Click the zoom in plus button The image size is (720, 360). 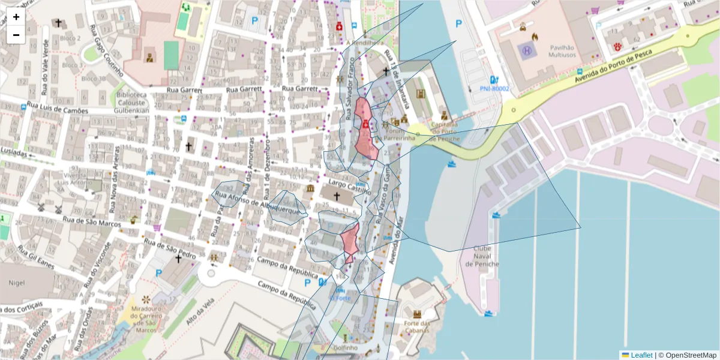[16, 17]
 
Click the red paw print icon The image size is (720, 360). [617, 46]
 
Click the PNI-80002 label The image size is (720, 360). [494, 89]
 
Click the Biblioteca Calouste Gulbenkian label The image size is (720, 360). [131, 103]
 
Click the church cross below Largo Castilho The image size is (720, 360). [337, 196]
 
